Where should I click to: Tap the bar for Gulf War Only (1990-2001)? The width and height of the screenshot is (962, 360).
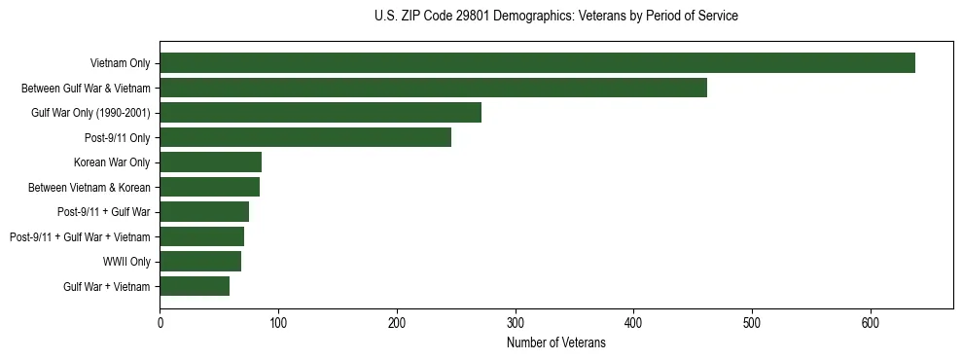pyautogui.click(x=320, y=113)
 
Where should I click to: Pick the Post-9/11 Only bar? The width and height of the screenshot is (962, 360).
pyautogui.click(x=305, y=137)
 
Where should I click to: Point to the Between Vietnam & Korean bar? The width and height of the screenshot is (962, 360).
pyautogui.click(x=209, y=187)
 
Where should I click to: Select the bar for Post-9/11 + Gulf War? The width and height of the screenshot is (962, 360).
pyautogui.click(x=204, y=212)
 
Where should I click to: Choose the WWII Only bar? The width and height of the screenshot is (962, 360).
pyautogui.click(x=200, y=262)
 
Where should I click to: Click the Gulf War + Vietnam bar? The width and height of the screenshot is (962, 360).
pyautogui.click(x=195, y=286)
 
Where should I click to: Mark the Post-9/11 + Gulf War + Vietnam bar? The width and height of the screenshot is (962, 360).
pyautogui.click(x=201, y=236)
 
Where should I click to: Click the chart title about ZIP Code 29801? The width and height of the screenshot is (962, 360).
pyautogui.click(x=555, y=17)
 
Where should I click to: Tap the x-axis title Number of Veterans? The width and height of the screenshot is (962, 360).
pyautogui.click(x=555, y=343)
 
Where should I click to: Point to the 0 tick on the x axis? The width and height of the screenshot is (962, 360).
pyautogui.click(x=160, y=323)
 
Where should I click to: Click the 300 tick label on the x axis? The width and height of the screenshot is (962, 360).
pyautogui.click(x=515, y=323)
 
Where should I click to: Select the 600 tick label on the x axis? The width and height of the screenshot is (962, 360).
pyautogui.click(x=870, y=323)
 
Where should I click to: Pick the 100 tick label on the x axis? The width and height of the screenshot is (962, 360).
pyautogui.click(x=278, y=323)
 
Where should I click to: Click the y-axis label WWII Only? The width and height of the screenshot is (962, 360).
pyautogui.click(x=126, y=262)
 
